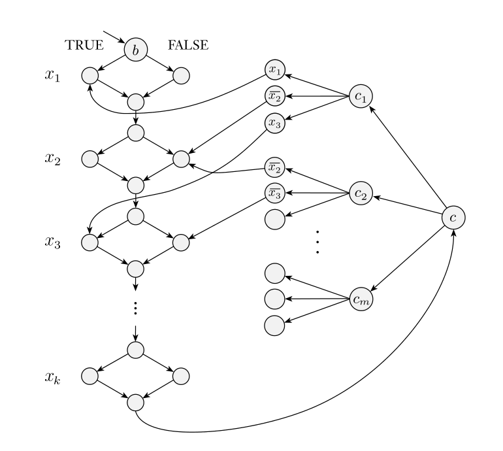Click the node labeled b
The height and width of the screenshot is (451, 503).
136,50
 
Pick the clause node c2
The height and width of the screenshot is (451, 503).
360,193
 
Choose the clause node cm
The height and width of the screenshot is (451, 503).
360,299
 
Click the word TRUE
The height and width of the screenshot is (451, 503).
84,45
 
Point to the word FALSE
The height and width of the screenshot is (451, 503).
188,45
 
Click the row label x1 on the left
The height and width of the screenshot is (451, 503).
52,76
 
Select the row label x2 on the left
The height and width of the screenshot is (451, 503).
52,159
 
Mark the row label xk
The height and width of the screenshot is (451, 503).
52,377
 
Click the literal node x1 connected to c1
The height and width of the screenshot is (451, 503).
274,69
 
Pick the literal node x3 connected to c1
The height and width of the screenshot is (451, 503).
274,122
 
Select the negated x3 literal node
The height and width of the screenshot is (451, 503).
274,193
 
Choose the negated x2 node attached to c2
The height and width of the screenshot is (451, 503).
274,167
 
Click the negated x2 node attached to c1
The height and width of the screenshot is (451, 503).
274,96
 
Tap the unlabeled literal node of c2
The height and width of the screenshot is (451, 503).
274,218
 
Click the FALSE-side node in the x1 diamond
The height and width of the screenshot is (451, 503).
181,76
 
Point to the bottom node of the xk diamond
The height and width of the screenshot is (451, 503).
135,401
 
